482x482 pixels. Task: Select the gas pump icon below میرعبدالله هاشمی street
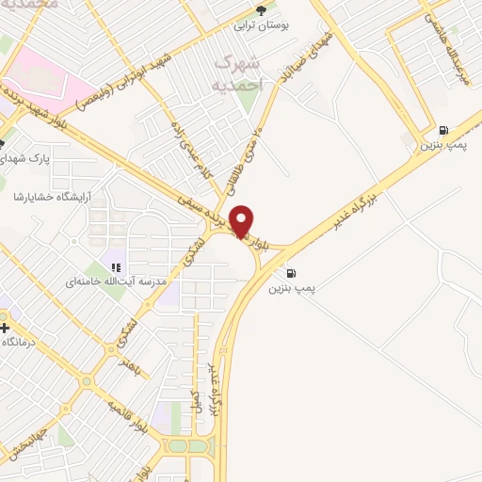443,130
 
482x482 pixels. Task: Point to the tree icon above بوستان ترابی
261,12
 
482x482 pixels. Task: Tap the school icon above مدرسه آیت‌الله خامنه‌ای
116,267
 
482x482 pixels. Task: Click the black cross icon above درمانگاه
6,329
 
